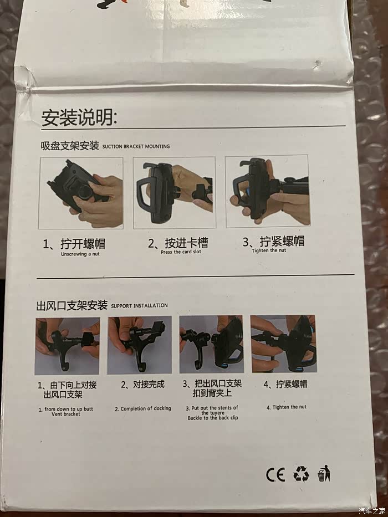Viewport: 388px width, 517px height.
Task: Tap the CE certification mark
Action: click(275, 475)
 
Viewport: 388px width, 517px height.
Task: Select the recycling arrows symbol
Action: click(301, 474)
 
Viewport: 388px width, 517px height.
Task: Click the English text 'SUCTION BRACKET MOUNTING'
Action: click(136, 146)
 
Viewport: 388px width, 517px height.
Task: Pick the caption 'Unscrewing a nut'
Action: click(80, 254)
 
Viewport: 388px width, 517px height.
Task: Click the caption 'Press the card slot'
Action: click(181, 252)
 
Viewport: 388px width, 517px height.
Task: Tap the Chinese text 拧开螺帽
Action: click(83, 244)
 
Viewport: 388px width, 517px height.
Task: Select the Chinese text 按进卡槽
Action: click(186, 243)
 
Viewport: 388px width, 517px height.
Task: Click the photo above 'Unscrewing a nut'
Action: click(81, 193)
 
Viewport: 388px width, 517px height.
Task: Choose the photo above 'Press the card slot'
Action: click(174, 192)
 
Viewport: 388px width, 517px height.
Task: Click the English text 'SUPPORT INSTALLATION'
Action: click(139, 306)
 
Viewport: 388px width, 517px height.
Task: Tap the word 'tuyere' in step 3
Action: click(213, 413)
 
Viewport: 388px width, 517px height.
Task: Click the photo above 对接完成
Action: click(139, 345)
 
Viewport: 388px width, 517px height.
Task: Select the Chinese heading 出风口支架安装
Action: click(72, 305)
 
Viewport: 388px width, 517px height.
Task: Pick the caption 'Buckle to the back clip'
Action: click(213, 418)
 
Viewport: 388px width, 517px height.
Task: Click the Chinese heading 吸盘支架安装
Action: click(70, 146)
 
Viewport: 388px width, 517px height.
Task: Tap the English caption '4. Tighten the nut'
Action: click(287, 407)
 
